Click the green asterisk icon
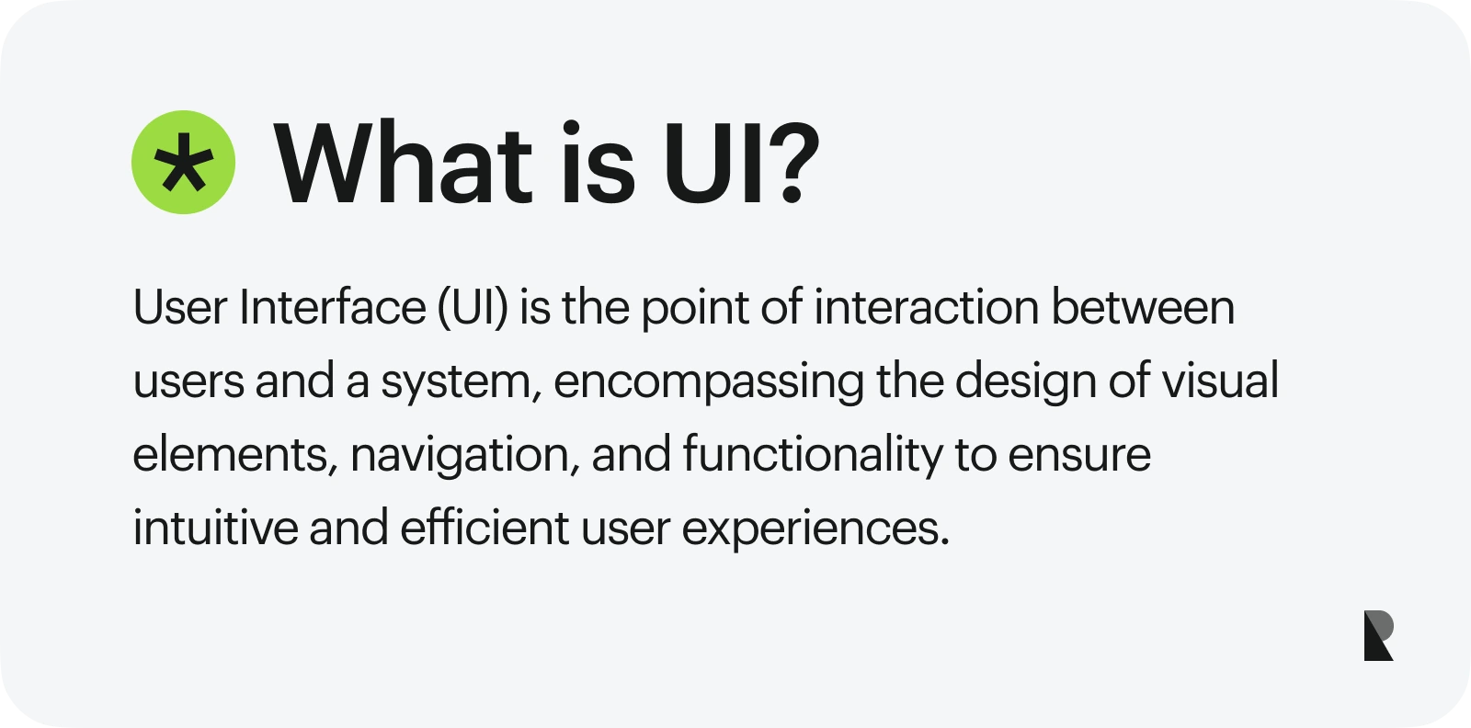184,163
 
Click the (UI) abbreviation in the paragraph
473,308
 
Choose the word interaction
926,308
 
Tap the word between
1143,308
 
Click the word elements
234,455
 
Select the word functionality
813,455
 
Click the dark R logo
1378,635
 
